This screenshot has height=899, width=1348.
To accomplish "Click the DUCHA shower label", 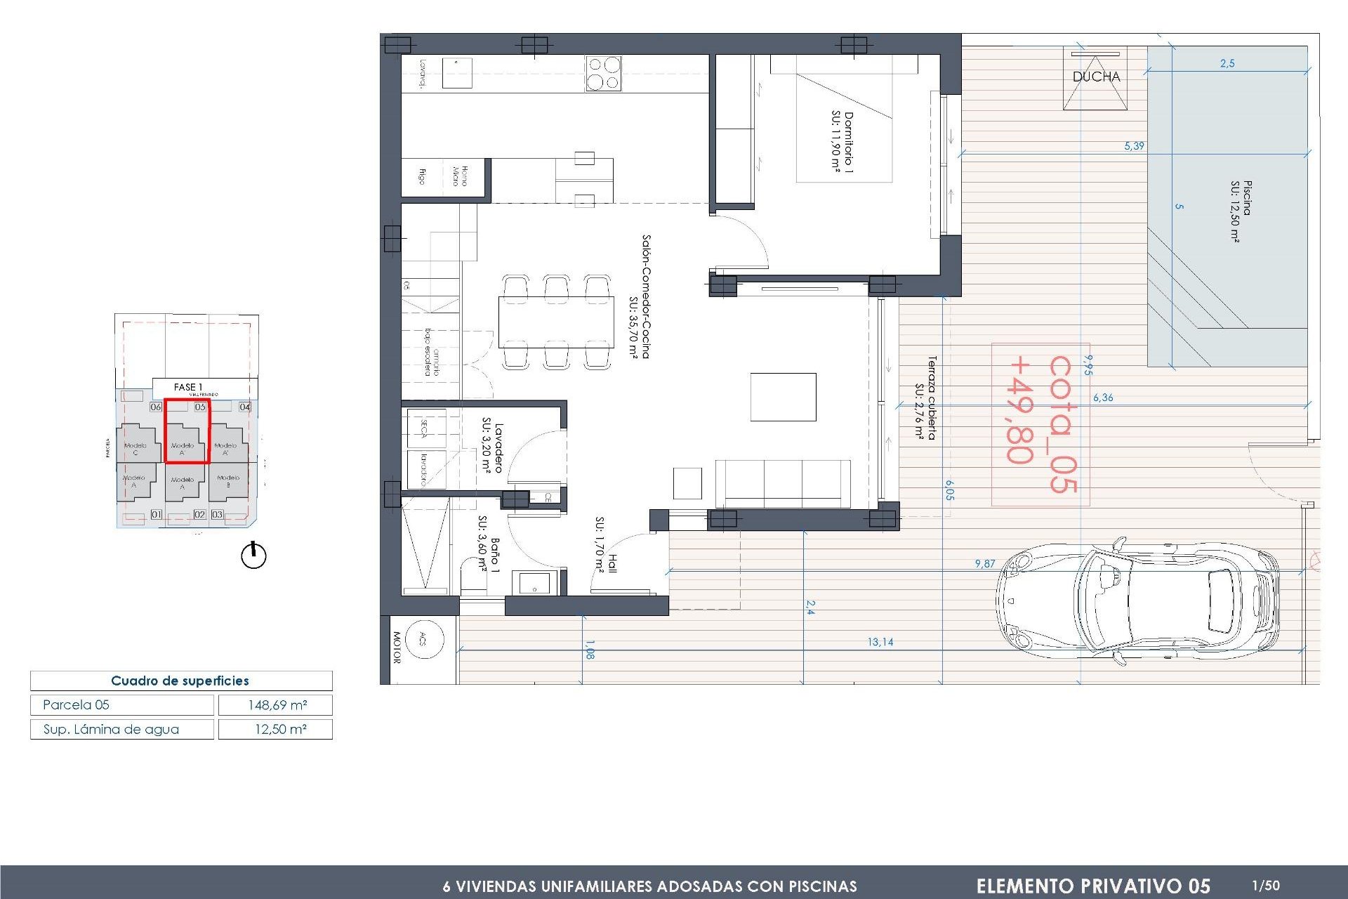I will (x=1096, y=77).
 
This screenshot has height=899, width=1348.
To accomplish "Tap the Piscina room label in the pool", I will (x=1241, y=211).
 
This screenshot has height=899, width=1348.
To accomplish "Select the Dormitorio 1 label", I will (x=842, y=142).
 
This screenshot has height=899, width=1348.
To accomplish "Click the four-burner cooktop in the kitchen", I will (x=603, y=73).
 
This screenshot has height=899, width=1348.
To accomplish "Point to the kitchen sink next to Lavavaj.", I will (x=457, y=72).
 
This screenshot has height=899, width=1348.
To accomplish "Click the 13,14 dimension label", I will (x=880, y=642).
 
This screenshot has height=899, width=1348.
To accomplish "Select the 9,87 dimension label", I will (x=984, y=563).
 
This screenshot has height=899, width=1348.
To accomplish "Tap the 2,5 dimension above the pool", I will (x=1227, y=63).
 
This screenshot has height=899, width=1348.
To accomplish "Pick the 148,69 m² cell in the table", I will (x=276, y=704).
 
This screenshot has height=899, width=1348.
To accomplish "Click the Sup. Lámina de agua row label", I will (x=112, y=729).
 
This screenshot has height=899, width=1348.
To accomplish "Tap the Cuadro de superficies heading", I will (x=180, y=681).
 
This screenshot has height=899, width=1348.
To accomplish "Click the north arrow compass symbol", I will (x=253, y=556).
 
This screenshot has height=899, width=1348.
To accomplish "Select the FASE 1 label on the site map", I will (x=188, y=387).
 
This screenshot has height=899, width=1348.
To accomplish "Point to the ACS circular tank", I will (x=423, y=638).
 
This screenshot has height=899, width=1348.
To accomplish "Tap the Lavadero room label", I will (x=491, y=447).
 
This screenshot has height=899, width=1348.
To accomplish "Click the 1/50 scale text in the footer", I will (x=1266, y=886).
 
